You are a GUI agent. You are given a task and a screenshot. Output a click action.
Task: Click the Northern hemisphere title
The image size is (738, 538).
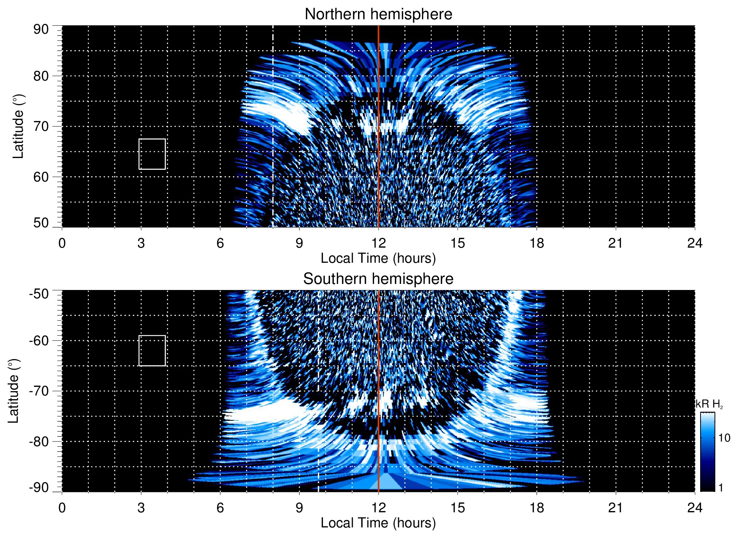pos(378,14)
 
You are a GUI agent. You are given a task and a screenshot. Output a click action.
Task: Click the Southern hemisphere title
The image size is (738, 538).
pos(378,279)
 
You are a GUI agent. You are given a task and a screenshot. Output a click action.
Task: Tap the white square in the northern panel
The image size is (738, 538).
pos(152,154)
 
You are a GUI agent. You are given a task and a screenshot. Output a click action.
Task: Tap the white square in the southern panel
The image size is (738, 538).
pos(152,351)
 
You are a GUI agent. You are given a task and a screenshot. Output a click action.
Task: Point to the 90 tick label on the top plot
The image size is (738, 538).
pos(41,29)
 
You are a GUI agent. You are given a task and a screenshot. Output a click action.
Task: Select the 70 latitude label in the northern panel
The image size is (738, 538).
pos(41,126)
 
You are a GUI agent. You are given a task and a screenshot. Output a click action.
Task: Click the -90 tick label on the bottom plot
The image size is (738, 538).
pos(39,488)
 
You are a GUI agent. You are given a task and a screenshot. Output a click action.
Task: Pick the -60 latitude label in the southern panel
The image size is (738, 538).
pos(39,341)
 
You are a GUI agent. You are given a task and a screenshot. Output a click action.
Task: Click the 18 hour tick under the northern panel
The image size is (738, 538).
pos(537,243)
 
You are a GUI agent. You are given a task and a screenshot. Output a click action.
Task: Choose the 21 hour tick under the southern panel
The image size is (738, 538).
pos(616,508)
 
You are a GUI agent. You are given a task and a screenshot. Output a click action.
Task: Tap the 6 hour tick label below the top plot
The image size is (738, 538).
pos(220,243)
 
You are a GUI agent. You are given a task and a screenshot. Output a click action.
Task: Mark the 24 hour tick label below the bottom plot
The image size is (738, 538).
pos(694,508)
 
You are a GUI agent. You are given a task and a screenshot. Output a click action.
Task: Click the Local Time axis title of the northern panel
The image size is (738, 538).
pos(378,259)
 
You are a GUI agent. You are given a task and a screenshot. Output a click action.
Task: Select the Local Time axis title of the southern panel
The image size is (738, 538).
pos(378,523)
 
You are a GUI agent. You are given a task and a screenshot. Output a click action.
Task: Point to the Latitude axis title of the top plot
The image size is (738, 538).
pos(18,126)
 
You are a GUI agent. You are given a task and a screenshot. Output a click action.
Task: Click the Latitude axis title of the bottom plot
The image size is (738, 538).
pos(14,391)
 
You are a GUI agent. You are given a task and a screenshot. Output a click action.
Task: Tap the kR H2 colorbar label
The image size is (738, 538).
pos(709,404)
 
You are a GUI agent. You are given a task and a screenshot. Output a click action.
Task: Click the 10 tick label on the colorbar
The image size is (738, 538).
pos(724,438)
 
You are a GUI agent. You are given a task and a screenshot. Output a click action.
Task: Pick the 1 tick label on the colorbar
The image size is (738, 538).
pos(721,488)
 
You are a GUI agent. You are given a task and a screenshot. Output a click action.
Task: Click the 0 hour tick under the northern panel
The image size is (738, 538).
pos(62,243)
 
